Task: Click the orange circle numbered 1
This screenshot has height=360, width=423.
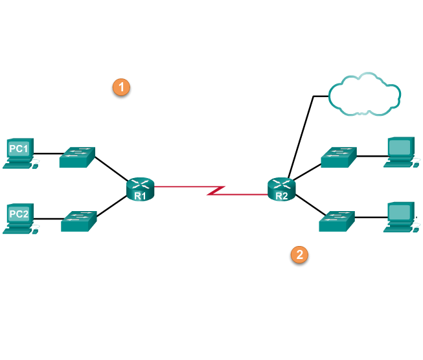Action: pos(121,87)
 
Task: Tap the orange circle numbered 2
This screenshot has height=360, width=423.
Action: pos(299,254)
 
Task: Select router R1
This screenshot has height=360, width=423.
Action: pos(141,189)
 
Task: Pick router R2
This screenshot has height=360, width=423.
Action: pos(282,189)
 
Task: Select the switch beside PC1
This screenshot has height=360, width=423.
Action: pos(77,157)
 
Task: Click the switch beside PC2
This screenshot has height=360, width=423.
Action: pos(78,221)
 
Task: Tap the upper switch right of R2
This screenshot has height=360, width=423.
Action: pos(339,157)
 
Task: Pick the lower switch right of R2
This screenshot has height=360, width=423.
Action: pos(337,221)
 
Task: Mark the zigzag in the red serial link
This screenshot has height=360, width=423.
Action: pos(216,190)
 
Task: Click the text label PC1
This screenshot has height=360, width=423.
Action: pos(19,149)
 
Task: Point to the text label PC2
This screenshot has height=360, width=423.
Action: pos(19,214)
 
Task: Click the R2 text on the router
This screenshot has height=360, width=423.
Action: pos(282,195)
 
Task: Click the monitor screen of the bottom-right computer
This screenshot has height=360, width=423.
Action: pos(400,212)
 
